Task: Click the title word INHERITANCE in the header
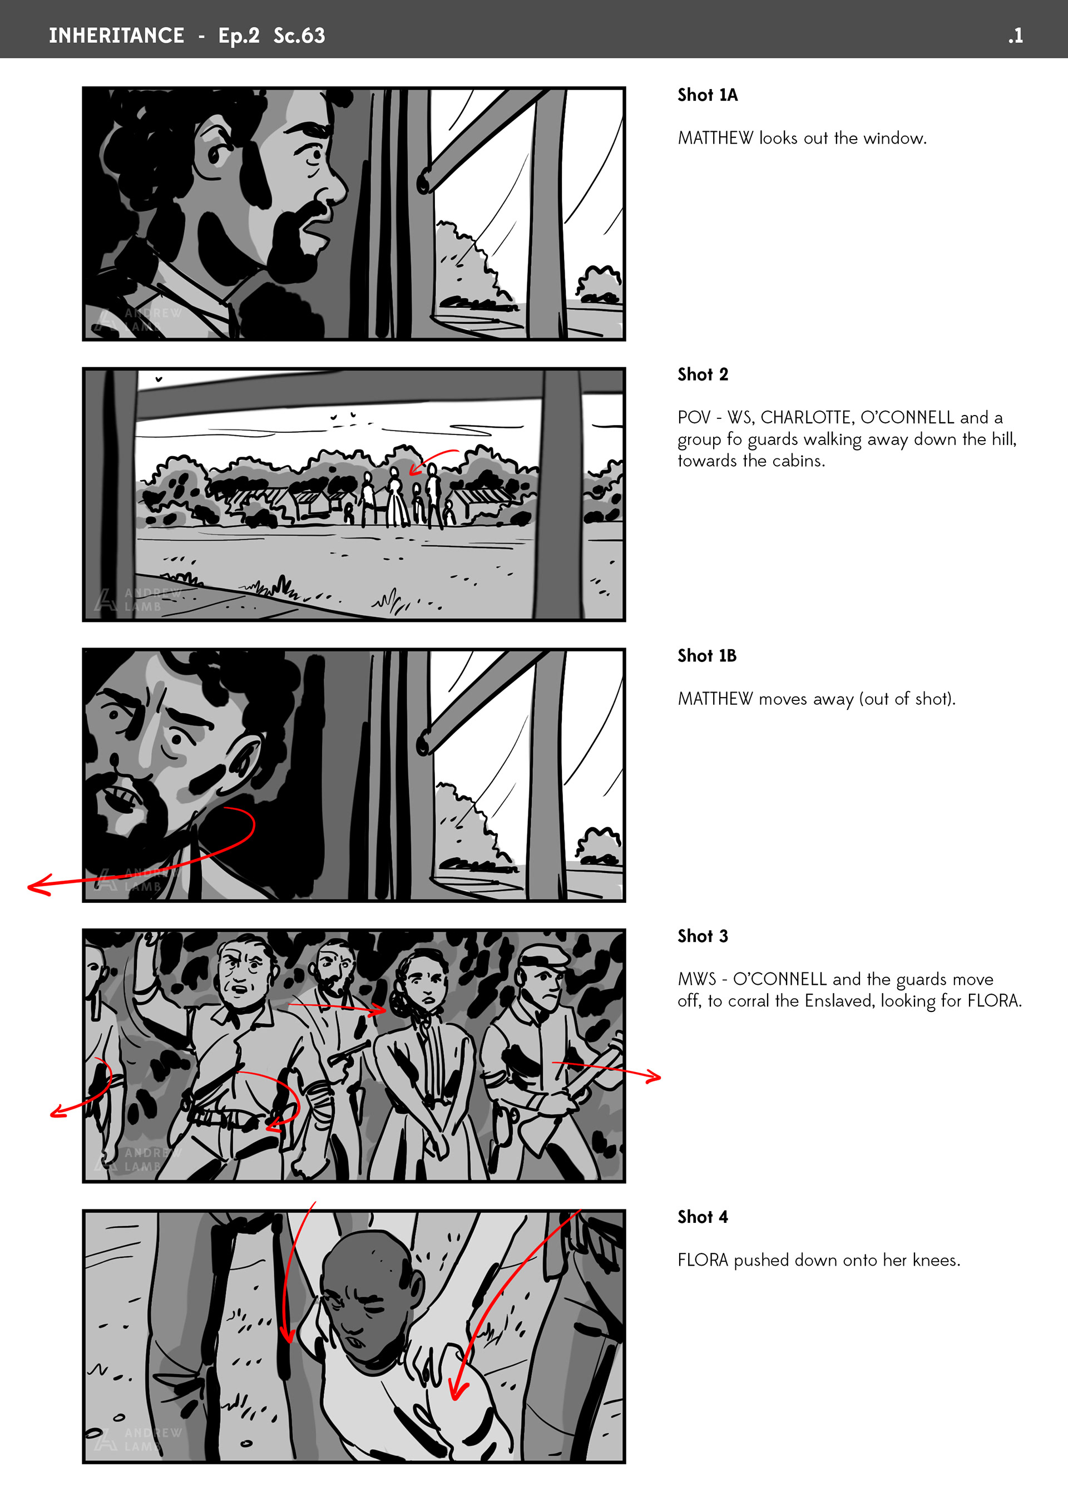[x=116, y=36]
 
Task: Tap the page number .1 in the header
[x=1015, y=36]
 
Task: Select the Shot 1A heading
[x=708, y=95]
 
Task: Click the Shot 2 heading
[x=703, y=374]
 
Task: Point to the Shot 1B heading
[x=707, y=655]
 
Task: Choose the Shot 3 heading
[x=703, y=936]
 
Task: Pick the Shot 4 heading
[x=703, y=1217]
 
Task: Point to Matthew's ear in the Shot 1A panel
[x=215, y=151]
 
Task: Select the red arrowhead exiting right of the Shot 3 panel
[x=653, y=1077]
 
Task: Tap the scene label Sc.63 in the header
[x=299, y=36]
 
